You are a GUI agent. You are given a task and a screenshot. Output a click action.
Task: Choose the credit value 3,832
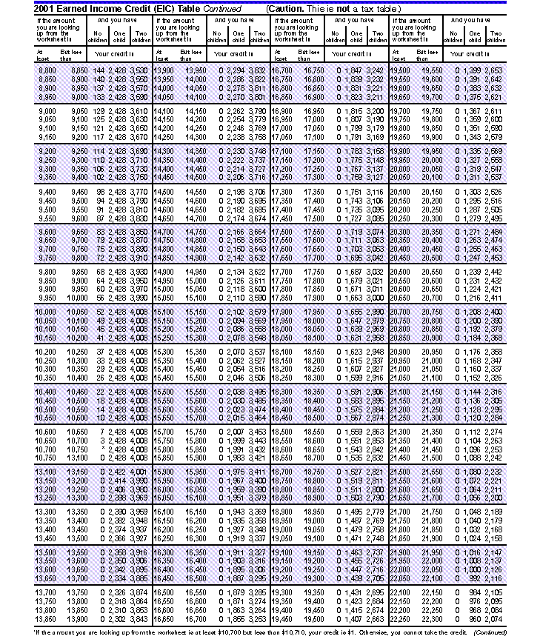256,70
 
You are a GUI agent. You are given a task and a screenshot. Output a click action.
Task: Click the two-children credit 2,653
493,70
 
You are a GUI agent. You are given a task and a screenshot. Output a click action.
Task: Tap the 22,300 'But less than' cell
429,619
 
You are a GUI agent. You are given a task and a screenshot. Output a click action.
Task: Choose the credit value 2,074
493,619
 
